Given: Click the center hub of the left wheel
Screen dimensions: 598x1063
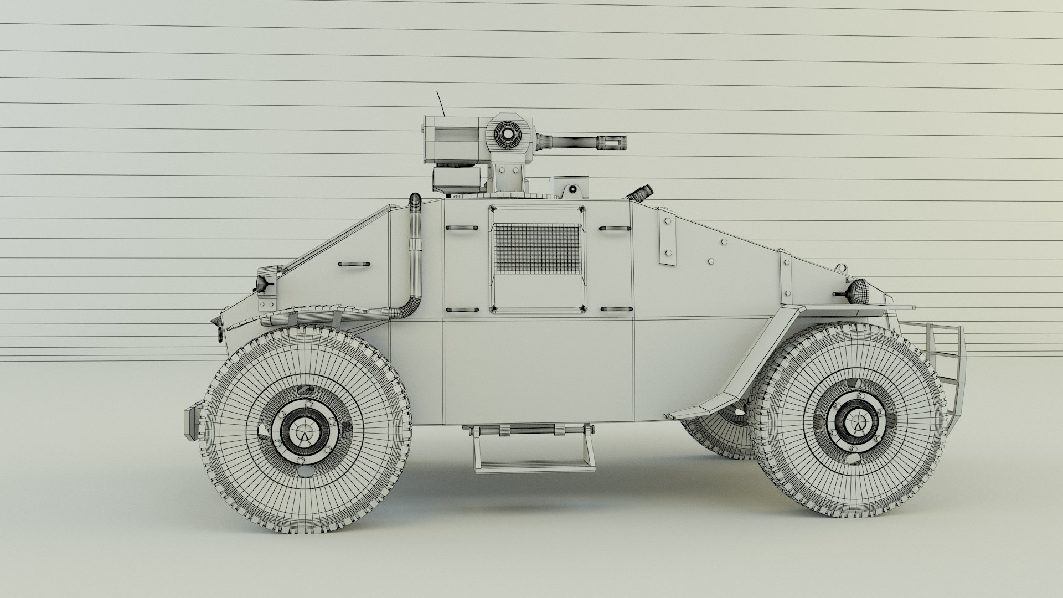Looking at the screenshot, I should (x=303, y=431).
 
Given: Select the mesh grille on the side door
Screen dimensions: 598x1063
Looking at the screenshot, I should (x=537, y=249).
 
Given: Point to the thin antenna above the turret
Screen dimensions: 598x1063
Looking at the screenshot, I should (x=441, y=104).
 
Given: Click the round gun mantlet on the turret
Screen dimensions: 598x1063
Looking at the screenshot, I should (x=505, y=133).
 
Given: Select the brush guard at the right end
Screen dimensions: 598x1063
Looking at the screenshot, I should (x=941, y=354).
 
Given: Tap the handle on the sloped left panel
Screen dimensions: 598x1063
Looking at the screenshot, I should (x=353, y=264).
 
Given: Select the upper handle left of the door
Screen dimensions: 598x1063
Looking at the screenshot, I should (x=461, y=228).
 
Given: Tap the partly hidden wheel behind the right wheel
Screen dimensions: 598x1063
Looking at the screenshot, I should (x=714, y=437).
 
